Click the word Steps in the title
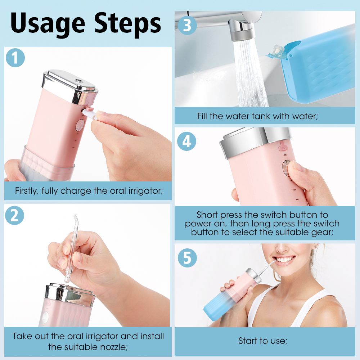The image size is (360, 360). [127, 24]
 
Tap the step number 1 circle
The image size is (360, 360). [15, 58]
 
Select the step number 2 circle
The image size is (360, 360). [14, 215]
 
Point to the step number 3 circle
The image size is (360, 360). [187, 25]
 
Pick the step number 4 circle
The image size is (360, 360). [186, 141]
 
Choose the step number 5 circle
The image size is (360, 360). [187, 258]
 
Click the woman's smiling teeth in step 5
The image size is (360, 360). [285, 260]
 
